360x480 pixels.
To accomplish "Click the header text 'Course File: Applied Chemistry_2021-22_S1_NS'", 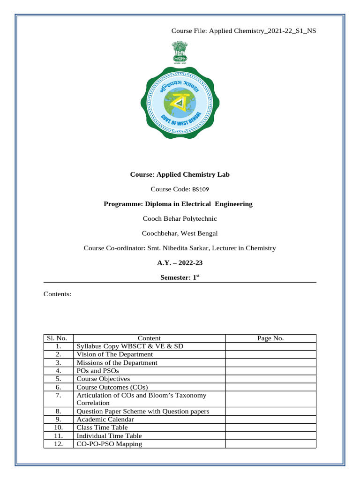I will point(243,31).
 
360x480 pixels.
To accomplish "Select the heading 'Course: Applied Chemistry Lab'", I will point(180,174).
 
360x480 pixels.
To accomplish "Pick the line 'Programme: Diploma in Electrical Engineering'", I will point(178,204).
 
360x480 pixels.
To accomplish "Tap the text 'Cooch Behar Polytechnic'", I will point(180,218).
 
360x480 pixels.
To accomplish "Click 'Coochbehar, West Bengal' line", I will point(180,233).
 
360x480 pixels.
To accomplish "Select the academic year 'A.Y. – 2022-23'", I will point(180,262).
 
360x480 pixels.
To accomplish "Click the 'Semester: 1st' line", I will point(180,277).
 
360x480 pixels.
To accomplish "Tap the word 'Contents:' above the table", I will point(57,294).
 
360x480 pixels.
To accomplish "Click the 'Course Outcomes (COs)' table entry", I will point(112,387).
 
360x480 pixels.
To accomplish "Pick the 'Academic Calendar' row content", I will point(105,420).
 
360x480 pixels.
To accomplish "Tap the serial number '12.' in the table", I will point(59,444).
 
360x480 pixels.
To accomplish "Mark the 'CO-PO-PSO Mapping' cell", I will point(109,444).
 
